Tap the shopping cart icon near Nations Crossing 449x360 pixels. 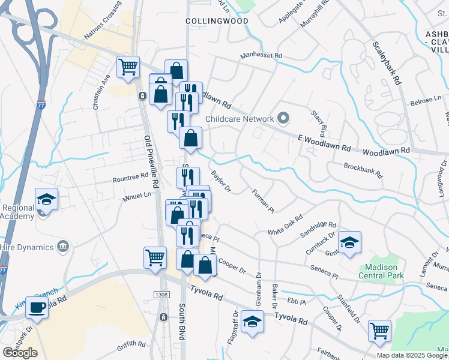128,68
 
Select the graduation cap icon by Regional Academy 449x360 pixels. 46,199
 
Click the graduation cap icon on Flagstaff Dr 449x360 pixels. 253,322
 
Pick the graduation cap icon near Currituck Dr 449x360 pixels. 349,243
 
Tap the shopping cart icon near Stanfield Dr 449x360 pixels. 379,331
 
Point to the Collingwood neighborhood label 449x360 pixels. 208,20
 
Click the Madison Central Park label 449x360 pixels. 382,271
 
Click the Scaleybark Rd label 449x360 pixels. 386,64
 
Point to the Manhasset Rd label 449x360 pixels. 261,56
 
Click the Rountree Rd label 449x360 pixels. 130,178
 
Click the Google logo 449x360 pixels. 19,353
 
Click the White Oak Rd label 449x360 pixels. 285,227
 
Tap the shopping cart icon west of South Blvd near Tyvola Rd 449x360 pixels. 155,257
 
